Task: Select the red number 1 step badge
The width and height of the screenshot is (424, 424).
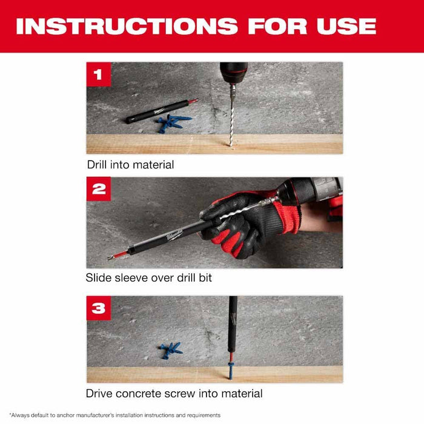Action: tap(99, 75)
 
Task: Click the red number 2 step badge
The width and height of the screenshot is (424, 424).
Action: tap(99, 190)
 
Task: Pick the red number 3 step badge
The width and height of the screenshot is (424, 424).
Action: tap(99, 308)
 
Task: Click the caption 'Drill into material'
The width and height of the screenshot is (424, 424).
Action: tap(130, 164)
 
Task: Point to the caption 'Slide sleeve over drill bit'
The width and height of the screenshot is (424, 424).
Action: tap(148, 278)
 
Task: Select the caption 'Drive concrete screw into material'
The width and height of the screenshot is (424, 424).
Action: tap(174, 393)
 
